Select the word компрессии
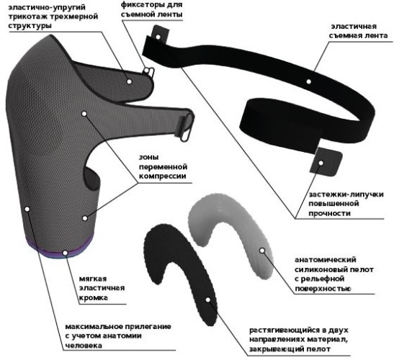[163, 176]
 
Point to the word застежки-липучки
[346, 194]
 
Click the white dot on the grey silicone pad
[262, 251]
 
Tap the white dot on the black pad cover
[208, 300]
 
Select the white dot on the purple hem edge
[66, 253]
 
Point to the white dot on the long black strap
[308, 81]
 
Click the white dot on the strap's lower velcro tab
[321, 163]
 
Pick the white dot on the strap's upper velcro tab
[158, 37]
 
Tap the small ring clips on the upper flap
[149, 72]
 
